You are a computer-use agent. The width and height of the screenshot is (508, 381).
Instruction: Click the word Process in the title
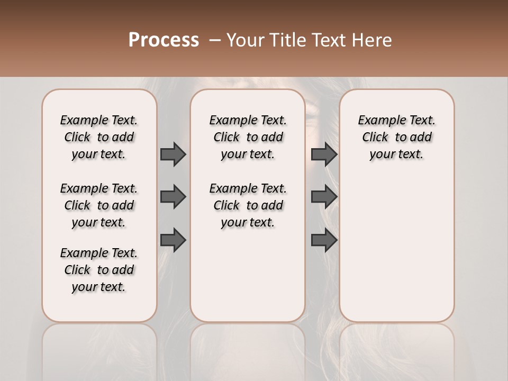163,40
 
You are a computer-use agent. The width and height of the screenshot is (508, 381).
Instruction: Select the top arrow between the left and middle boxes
173,154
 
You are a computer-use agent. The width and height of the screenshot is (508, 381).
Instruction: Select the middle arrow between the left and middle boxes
173,197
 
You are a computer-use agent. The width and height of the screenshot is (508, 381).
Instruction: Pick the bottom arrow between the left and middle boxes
173,240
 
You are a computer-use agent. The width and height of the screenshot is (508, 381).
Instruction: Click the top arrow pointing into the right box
324,154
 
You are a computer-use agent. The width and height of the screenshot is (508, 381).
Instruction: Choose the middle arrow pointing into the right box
324,197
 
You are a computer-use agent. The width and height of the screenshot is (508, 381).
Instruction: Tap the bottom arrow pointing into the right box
324,240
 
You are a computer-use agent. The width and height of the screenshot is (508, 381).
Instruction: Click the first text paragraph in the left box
99,137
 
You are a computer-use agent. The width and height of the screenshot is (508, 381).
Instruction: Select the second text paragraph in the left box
99,205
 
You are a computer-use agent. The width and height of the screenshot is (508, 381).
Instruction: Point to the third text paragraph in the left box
99,270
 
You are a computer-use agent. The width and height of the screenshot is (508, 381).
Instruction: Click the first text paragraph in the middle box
248,137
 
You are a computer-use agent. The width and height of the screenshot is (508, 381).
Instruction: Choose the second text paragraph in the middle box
248,205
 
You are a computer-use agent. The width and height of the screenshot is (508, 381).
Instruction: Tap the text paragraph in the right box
396,137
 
